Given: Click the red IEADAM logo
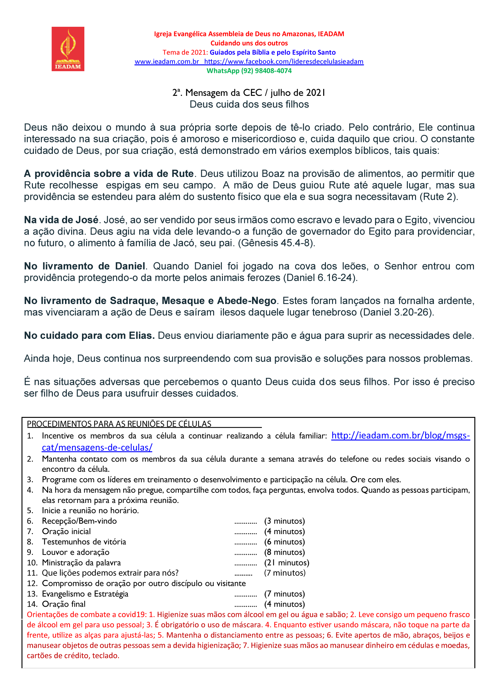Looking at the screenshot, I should (68, 49).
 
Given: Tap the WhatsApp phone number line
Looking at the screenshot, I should (249, 71).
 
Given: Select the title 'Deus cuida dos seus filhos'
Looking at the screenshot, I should (249, 104).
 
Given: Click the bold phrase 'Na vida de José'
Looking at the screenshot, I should (61, 220).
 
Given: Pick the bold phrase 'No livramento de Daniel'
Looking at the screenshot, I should (85, 266).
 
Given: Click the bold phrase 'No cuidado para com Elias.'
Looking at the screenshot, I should (89, 336).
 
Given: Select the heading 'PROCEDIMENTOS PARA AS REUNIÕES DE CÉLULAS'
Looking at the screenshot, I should (119, 424).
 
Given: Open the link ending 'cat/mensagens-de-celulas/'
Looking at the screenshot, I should (97, 447).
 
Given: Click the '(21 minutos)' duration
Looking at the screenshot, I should (287, 563).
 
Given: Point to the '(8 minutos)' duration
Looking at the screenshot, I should (285, 552).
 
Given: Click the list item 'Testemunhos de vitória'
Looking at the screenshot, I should (84, 542).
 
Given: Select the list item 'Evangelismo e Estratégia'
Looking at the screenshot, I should (85, 594).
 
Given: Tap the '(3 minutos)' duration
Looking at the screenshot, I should (285, 521).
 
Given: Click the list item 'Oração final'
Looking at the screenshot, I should (64, 604).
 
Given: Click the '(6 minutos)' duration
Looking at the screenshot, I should (285, 542).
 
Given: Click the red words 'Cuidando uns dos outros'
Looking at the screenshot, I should (249, 43).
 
